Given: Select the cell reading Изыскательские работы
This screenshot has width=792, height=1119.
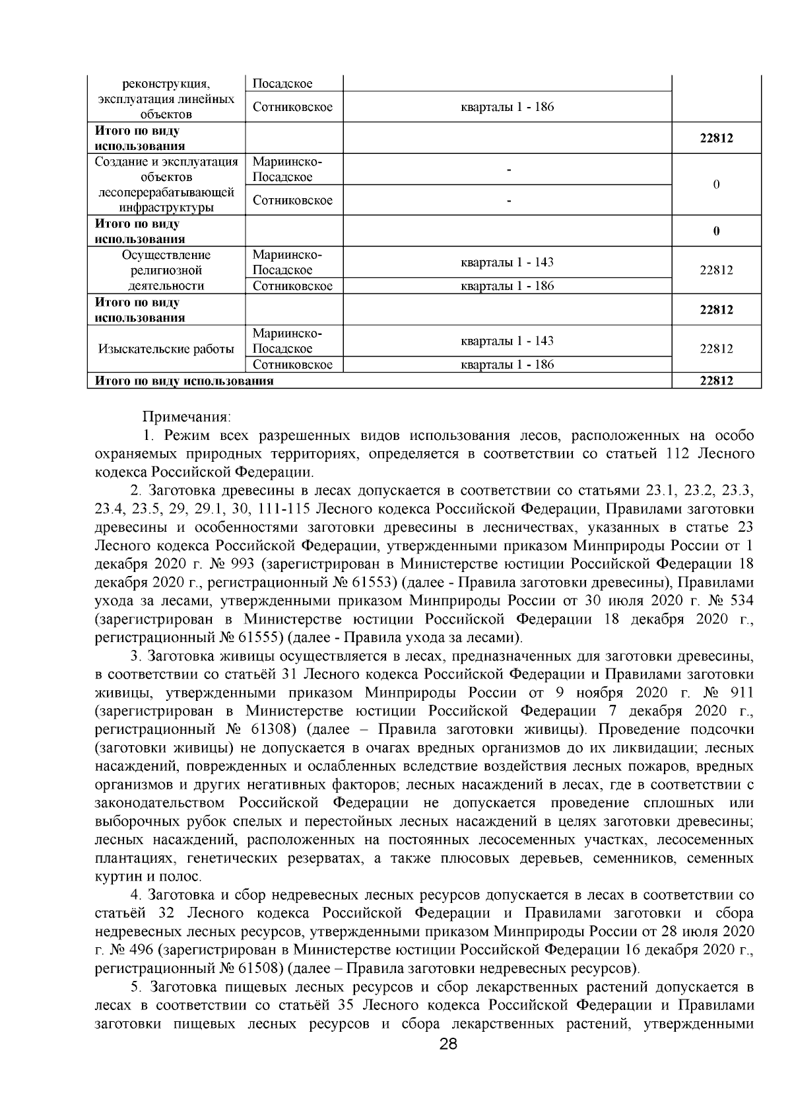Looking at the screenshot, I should [x=166, y=349].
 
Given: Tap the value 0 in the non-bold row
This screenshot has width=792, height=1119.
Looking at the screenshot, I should [x=716, y=184].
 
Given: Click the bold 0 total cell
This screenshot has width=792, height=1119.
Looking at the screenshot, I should [x=716, y=231].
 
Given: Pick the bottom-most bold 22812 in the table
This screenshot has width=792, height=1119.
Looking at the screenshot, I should [x=716, y=380].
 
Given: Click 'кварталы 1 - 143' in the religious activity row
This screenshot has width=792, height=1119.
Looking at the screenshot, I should [x=507, y=262].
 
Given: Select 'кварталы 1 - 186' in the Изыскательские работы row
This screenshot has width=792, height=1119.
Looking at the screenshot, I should [x=507, y=364].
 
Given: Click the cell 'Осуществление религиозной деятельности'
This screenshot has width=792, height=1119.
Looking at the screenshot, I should [x=166, y=270].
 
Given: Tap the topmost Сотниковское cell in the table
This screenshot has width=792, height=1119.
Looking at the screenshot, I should [x=292, y=106].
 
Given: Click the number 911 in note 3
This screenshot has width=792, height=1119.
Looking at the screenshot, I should [x=741, y=693].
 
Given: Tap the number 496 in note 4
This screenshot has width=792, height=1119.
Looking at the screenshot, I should [x=139, y=951].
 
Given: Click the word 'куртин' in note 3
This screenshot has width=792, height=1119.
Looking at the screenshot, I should [x=114, y=877].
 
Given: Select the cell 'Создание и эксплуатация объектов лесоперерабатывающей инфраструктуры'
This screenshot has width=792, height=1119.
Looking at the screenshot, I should [x=166, y=184].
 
